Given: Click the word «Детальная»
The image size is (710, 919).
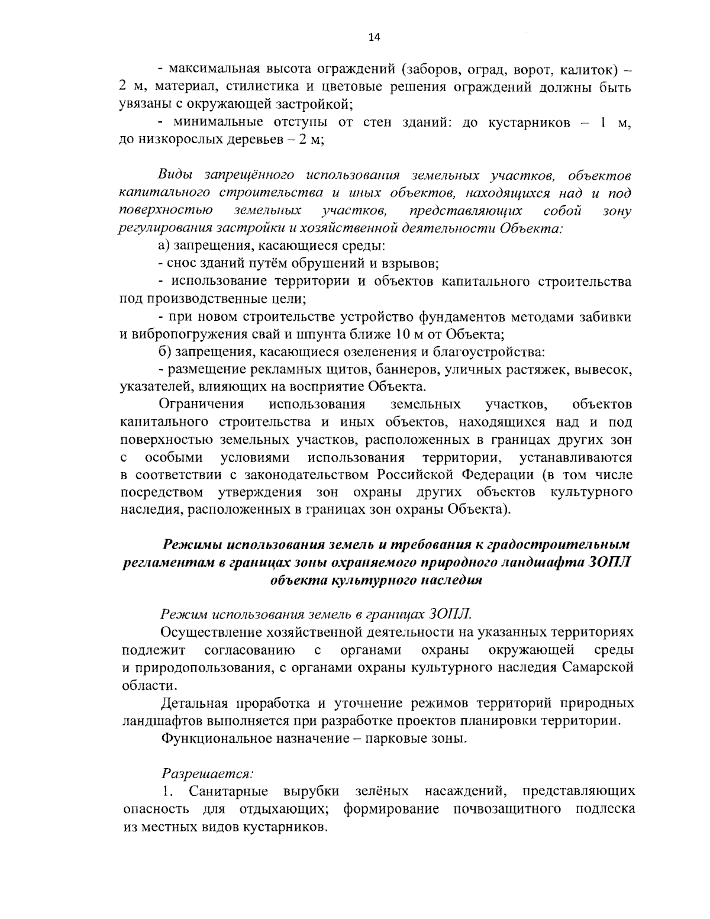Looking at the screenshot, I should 195,704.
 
